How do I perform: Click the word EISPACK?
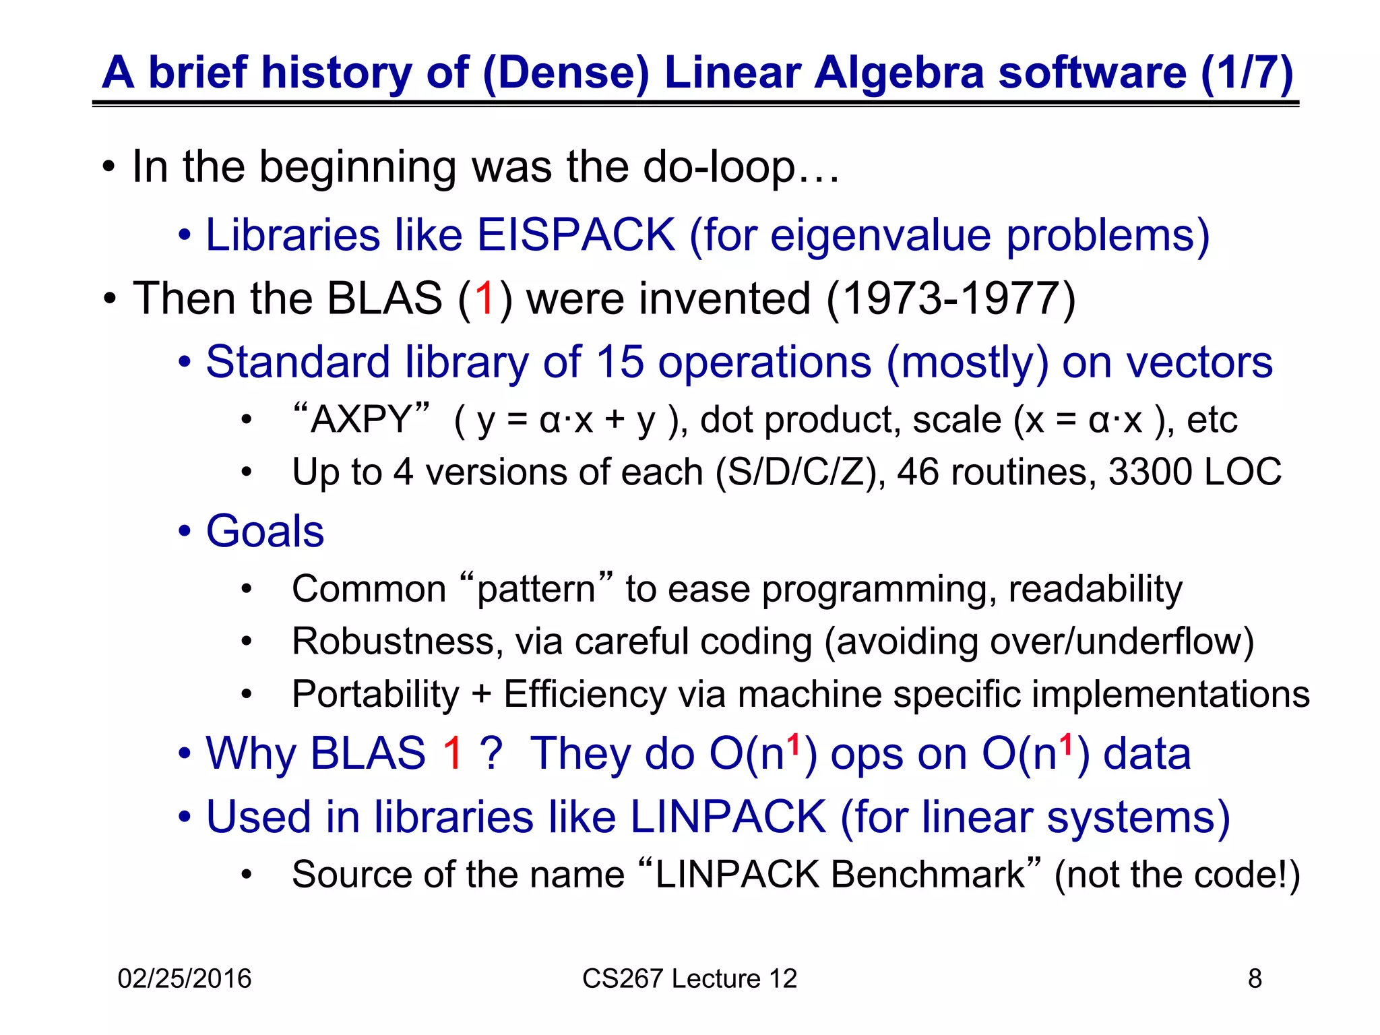(575, 235)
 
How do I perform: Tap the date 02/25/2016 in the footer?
(184, 978)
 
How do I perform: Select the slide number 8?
(1255, 978)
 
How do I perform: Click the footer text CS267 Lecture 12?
(689, 978)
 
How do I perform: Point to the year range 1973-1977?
(950, 299)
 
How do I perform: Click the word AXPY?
(361, 420)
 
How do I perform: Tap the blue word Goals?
(265, 531)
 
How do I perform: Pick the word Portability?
(375, 694)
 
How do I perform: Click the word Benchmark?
(928, 875)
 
